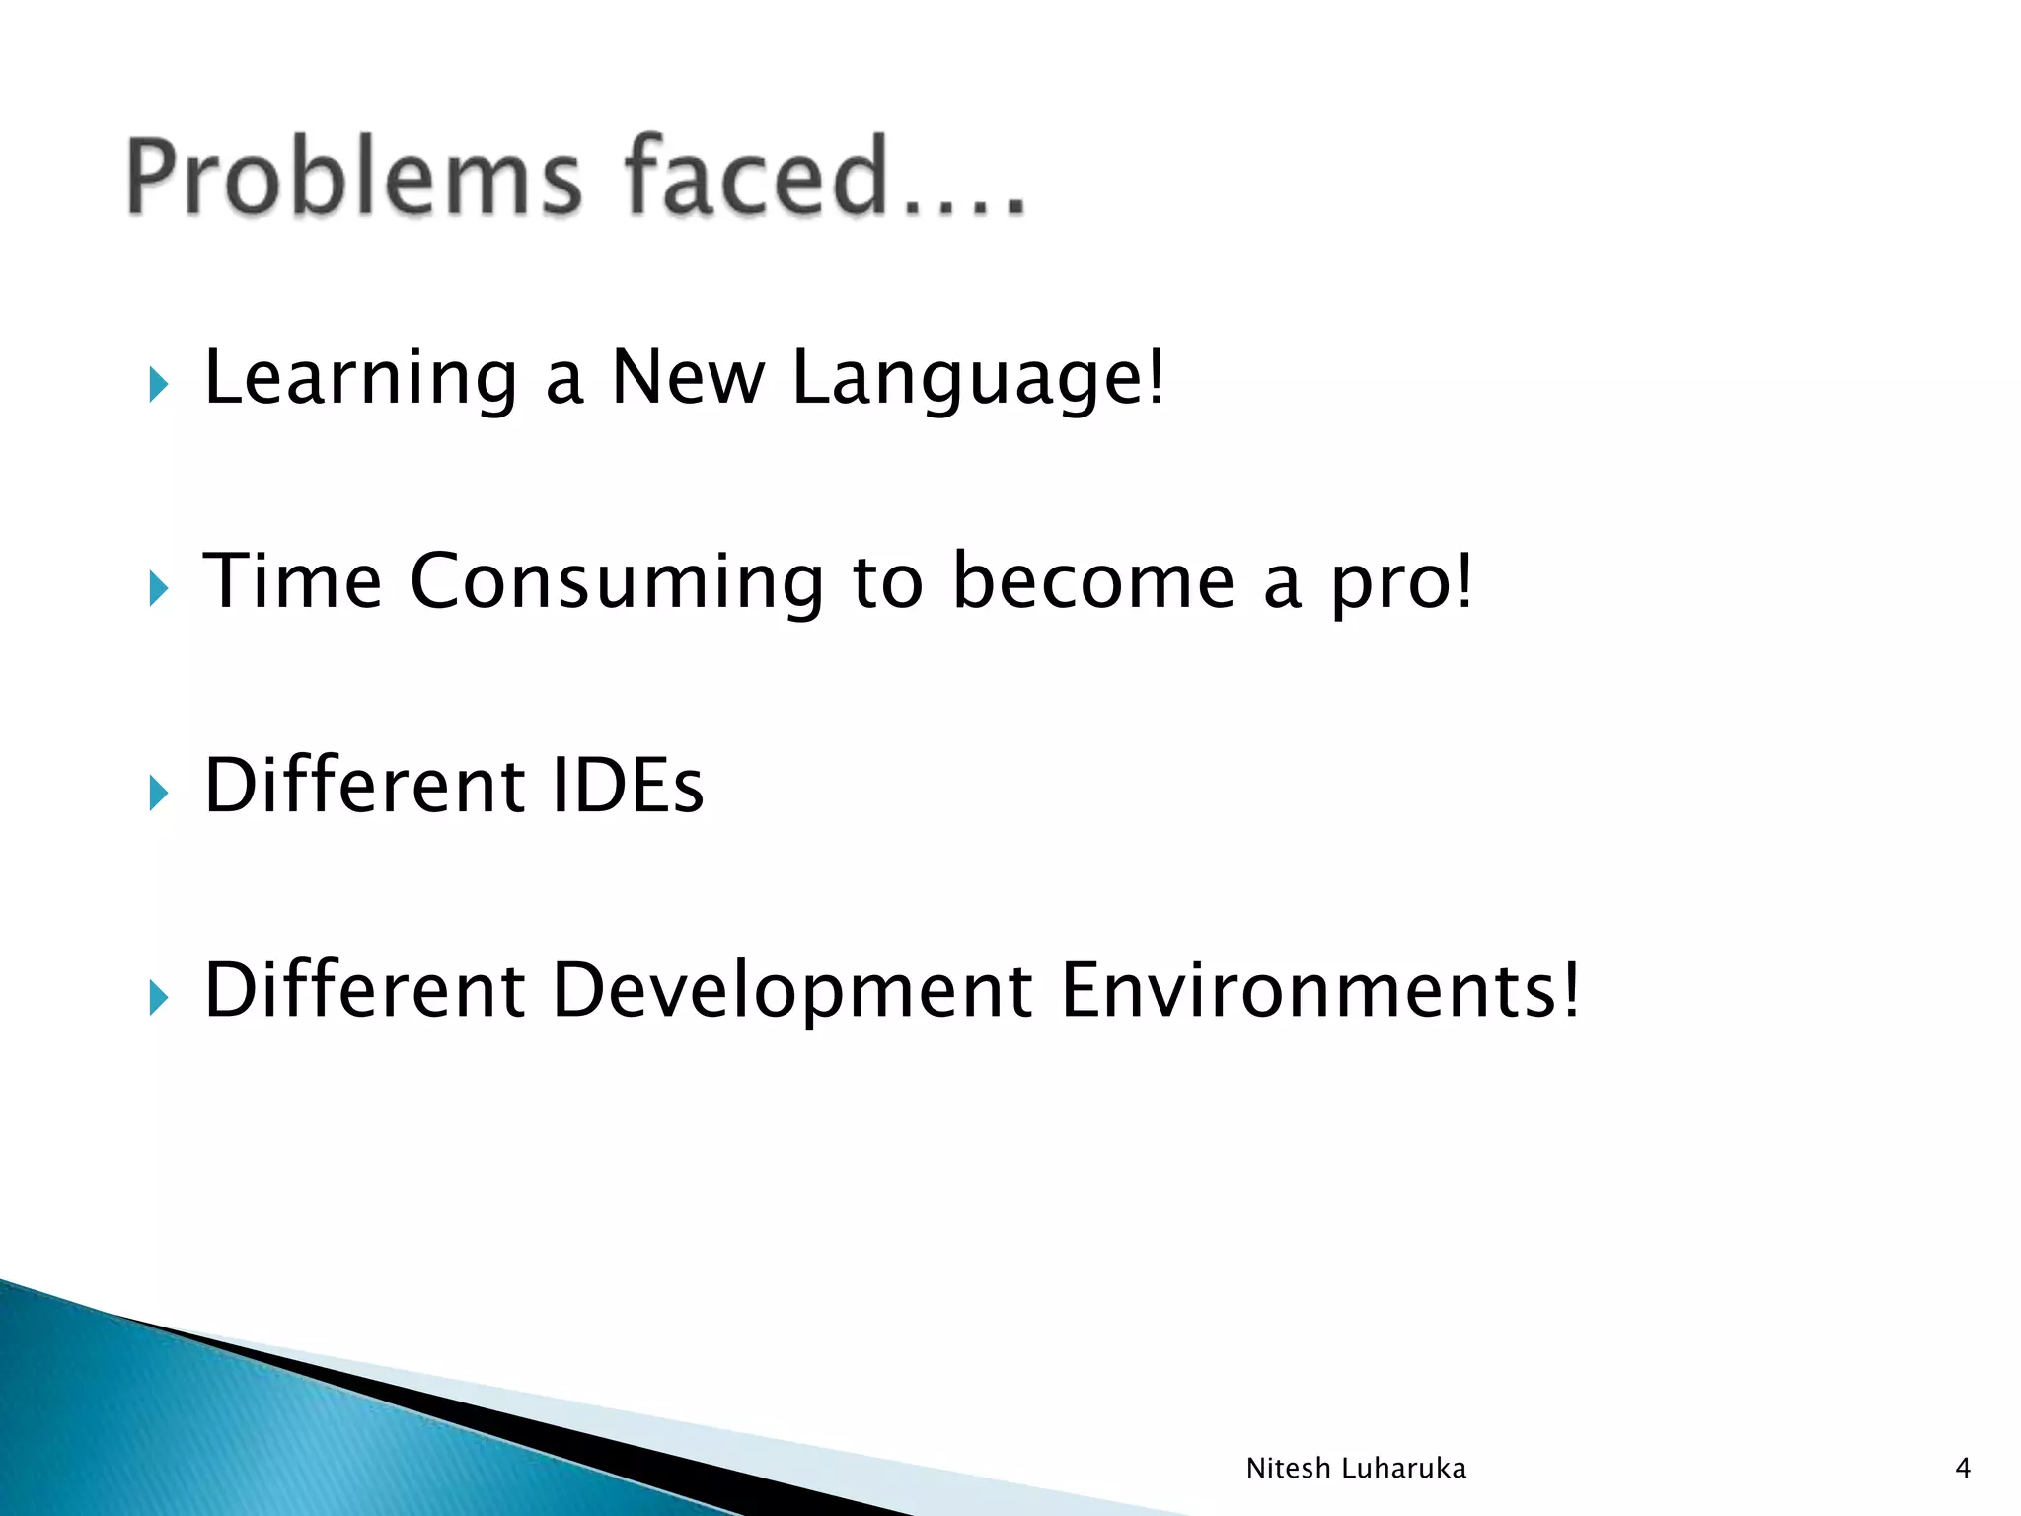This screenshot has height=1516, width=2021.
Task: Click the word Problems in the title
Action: pos(354,178)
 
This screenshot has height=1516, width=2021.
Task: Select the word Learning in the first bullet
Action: pos(360,379)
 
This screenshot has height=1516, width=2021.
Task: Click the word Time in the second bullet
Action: pos(292,581)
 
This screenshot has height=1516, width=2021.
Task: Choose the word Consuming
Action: pos(617,583)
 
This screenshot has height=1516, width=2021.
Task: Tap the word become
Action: pos(1093,581)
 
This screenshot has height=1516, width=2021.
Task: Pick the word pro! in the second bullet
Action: pos(1401,583)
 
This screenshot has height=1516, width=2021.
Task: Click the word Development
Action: pos(792,991)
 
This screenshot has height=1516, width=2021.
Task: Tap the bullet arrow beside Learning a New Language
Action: pos(158,384)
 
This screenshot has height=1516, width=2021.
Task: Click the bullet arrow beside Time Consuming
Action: pos(158,589)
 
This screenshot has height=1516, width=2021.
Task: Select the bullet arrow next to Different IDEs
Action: pos(158,793)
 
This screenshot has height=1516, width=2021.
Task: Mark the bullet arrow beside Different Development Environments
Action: pos(158,998)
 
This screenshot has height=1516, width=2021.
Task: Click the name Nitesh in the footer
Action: pos(1288,1469)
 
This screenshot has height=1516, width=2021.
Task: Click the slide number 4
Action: pos(1963,1469)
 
